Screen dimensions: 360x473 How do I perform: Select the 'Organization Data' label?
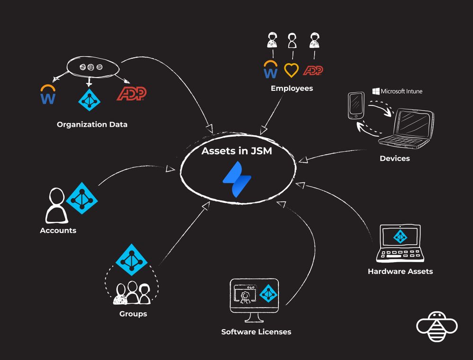[x=92, y=125]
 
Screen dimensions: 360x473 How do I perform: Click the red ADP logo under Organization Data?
[x=132, y=94]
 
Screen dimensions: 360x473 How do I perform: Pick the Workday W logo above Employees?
[x=270, y=70]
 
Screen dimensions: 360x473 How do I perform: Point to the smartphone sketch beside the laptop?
[x=356, y=106]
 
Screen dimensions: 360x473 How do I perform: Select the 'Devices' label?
[x=394, y=158]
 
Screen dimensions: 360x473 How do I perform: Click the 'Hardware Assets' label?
[x=400, y=272]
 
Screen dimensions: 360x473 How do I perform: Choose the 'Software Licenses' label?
[x=256, y=332]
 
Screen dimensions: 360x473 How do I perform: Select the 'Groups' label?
[x=133, y=314]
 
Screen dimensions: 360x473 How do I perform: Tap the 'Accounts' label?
[x=58, y=231]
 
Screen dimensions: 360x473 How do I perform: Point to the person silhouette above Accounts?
[x=56, y=206]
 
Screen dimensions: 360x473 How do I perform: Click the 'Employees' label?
[x=292, y=88]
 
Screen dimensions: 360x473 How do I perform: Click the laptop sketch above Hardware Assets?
[x=401, y=244]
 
